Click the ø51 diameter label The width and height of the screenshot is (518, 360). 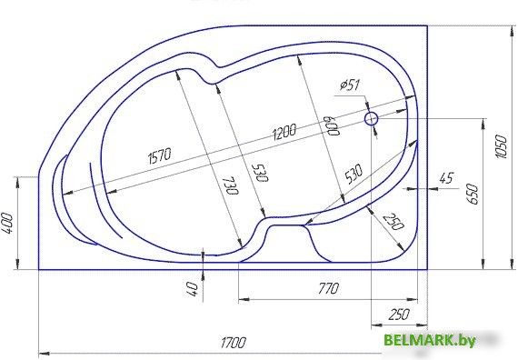pyautogui.click(x=350, y=85)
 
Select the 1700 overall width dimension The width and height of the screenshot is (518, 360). pyautogui.click(x=233, y=343)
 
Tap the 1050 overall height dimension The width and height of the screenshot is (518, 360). pyautogui.click(x=501, y=146)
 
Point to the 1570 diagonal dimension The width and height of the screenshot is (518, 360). pyautogui.click(x=160, y=155)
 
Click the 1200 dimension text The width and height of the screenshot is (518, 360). pyautogui.click(x=284, y=131)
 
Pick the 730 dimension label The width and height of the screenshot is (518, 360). pyautogui.click(x=230, y=185)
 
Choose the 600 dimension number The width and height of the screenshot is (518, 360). pyautogui.click(x=332, y=125)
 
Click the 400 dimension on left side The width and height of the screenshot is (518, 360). pyautogui.click(x=7, y=223)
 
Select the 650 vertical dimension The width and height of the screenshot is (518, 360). pyautogui.click(x=473, y=195)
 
